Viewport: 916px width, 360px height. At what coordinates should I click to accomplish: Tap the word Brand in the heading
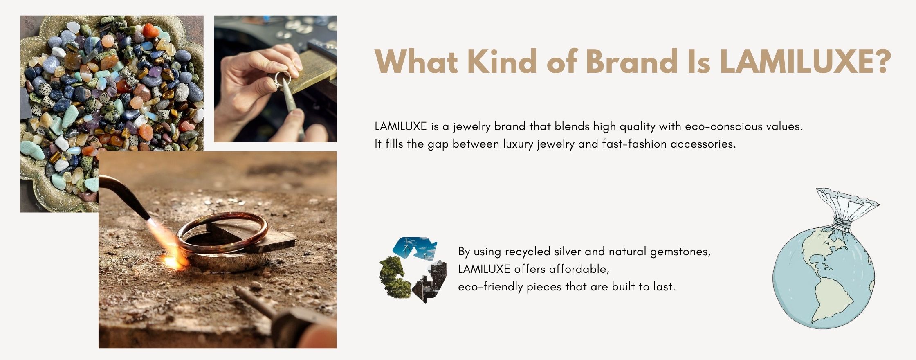(x=631, y=61)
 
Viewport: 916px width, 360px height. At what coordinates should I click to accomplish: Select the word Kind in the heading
(x=502, y=61)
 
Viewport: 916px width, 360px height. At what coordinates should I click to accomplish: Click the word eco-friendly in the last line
(x=490, y=287)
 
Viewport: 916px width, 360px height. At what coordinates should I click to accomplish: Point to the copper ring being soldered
(x=222, y=233)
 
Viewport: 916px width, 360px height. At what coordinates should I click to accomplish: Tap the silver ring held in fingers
(x=281, y=79)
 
